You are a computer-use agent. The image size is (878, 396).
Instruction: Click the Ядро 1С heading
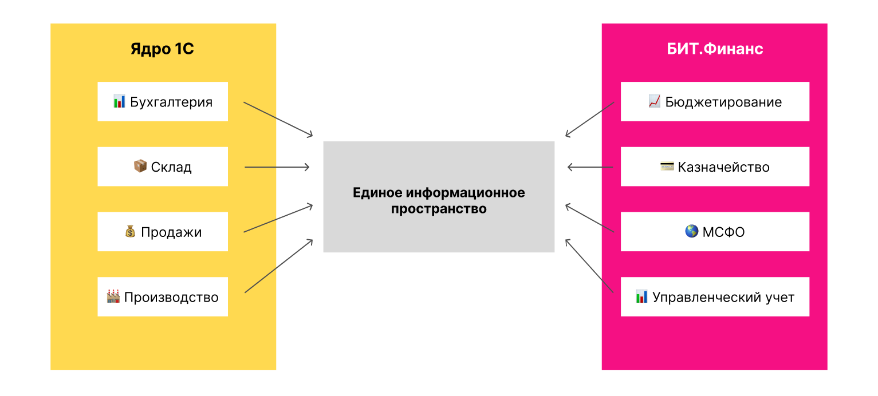click(163, 49)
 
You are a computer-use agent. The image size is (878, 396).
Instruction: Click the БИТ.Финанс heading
click(715, 49)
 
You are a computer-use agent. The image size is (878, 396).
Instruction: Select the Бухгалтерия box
click(163, 102)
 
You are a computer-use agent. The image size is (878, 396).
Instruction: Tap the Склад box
click(163, 167)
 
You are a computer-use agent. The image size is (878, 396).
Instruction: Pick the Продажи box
click(163, 232)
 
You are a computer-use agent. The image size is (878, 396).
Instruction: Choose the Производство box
click(163, 297)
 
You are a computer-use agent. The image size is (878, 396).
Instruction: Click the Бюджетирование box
click(715, 102)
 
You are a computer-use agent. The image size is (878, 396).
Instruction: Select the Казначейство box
click(715, 167)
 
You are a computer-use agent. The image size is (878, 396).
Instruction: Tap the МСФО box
click(715, 232)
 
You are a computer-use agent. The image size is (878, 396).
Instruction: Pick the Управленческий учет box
click(715, 297)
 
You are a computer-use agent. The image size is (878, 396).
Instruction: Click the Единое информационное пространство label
click(439, 200)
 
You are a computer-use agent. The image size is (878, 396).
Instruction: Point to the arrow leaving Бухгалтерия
click(278, 120)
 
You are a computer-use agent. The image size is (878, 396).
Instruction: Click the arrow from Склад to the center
click(277, 167)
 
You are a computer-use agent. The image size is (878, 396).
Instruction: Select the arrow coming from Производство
click(279, 266)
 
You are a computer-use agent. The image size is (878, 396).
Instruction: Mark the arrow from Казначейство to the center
click(590, 167)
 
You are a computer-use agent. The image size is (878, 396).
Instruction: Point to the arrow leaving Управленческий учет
click(589, 266)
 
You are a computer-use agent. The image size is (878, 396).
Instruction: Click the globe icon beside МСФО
click(691, 231)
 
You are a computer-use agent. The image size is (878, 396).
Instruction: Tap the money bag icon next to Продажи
click(130, 231)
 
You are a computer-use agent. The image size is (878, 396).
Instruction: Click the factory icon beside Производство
click(113, 296)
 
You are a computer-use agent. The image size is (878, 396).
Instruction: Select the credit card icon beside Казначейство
click(667, 167)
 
